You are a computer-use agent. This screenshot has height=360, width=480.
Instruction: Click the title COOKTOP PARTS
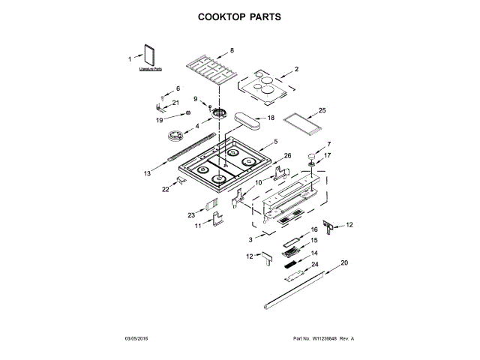[x=239, y=16]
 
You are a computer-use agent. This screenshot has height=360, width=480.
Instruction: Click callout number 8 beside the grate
[x=232, y=50]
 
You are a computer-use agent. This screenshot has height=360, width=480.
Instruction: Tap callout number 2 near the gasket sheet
[x=296, y=69]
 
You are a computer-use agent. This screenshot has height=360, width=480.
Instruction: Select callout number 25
[x=322, y=109]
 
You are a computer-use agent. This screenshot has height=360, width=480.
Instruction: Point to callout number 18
[x=271, y=118]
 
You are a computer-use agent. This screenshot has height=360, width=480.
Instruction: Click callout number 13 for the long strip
[x=148, y=173]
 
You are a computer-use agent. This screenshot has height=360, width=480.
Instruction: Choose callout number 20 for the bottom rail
[x=344, y=262]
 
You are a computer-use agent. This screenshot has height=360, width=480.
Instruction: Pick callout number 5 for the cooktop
[x=276, y=141]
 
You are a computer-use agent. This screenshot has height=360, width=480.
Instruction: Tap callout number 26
[x=287, y=156]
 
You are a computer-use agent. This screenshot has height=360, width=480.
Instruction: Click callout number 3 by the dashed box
[x=250, y=239]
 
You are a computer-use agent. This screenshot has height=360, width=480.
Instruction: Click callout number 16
[x=315, y=229]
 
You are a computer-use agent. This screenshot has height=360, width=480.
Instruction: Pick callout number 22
[x=166, y=189]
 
